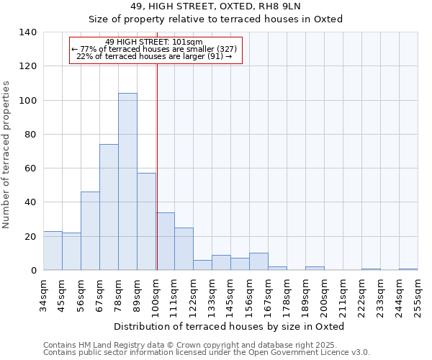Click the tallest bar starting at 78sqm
click(x=127, y=181)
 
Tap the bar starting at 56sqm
click(x=90, y=230)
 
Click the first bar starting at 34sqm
click(x=53, y=251)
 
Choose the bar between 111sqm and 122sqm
click(x=184, y=249)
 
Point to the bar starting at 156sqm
click(x=258, y=261)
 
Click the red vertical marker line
click(x=157, y=166)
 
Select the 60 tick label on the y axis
click(x=32, y=168)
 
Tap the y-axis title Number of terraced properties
click(x=7, y=154)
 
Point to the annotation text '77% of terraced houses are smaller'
click(x=156, y=49)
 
